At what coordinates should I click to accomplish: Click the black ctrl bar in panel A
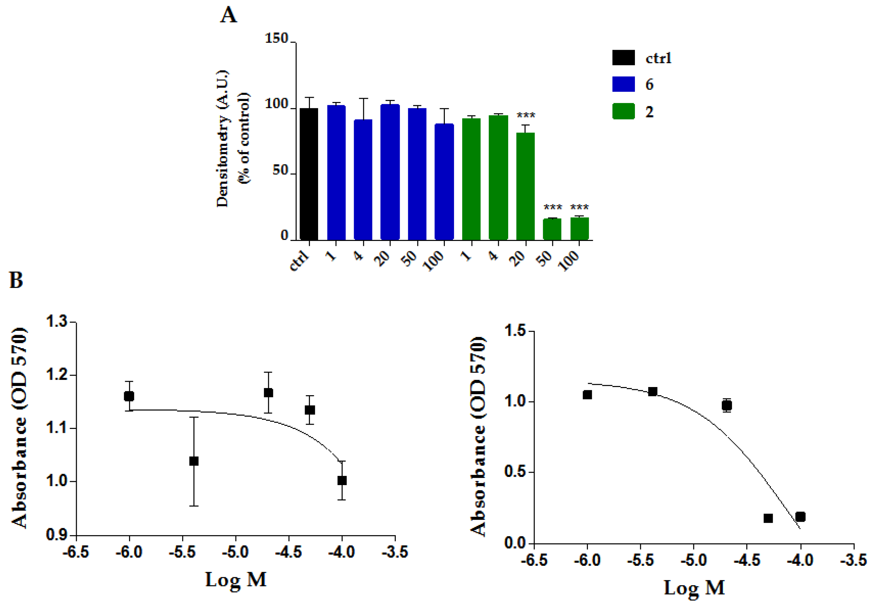[x=309, y=174]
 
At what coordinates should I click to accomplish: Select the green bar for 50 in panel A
[x=552, y=229]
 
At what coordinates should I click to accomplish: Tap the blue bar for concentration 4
[x=363, y=179]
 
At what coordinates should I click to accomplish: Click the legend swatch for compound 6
[x=623, y=84]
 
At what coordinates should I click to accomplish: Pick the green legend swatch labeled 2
[x=623, y=111]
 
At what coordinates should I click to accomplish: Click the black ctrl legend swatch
[x=623, y=58]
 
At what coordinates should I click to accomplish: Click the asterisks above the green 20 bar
[x=526, y=115]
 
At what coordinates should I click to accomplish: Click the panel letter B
[x=16, y=280]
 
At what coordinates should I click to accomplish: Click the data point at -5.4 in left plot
[x=194, y=461]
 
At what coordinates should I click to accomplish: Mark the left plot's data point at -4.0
[x=342, y=481]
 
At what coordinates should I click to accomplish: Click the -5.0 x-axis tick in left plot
[x=235, y=552]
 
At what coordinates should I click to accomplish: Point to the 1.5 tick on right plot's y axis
[x=515, y=330]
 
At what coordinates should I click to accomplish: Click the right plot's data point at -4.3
[x=768, y=518]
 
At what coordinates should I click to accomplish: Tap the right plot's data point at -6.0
[x=587, y=395]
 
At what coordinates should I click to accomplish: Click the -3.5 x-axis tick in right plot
[x=854, y=560]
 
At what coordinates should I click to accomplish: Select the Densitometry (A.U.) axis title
[x=223, y=139]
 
